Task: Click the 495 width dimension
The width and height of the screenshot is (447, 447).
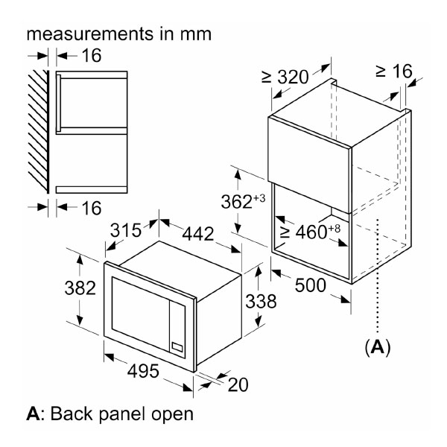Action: (143, 371)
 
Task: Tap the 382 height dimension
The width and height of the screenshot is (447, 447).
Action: (80, 288)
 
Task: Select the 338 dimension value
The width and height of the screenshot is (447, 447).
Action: (261, 301)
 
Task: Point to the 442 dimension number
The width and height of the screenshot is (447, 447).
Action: (198, 234)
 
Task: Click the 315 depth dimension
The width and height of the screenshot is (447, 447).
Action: (126, 230)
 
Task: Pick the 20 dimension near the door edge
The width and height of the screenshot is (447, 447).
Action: (238, 385)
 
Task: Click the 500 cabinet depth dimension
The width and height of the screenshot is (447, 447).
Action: (310, 285)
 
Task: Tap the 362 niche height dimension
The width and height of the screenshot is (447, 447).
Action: (243, 202)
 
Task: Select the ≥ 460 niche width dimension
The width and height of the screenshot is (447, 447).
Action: (310, 232)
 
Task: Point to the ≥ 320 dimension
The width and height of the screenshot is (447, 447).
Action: (285, 77)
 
